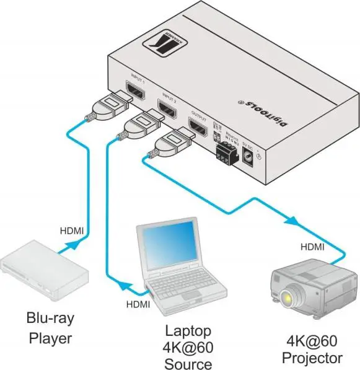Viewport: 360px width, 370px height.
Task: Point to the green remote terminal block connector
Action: (x=225, y=151)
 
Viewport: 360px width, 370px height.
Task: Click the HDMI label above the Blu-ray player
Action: (x=72, y=231)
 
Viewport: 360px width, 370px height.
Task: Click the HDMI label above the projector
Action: (x=312, y=247)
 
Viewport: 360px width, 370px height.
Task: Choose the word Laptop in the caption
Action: (x=188, y=330)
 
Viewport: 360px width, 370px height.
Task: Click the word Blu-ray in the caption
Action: (x=50, y=319)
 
